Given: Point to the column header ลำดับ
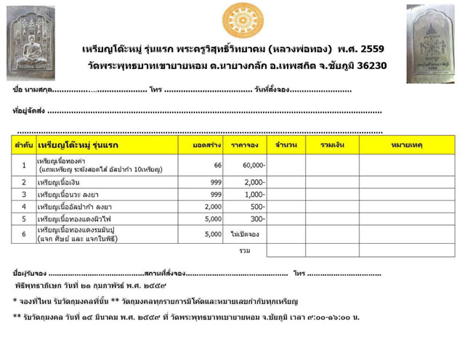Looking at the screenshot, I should point(23,146).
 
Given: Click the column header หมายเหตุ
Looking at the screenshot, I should point(406,146).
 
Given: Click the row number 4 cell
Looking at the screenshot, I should point(23,207).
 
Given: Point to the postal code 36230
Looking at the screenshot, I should point(365,65).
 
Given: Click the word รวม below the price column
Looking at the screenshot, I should point(245,250).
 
